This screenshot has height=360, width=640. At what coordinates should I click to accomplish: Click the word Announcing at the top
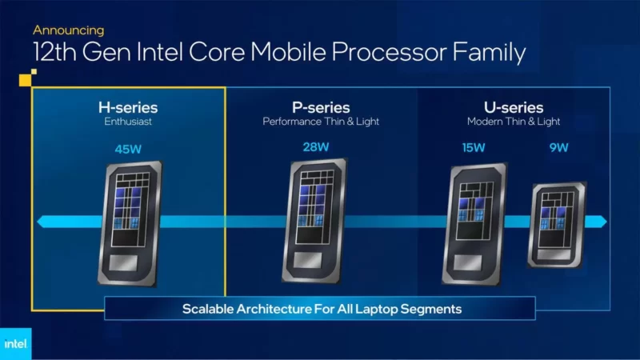[69, 30]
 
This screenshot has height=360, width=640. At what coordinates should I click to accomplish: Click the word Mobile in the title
[288, 52]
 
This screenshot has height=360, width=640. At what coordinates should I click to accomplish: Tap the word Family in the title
[489, 53]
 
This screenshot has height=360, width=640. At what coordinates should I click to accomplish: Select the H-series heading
[128, 108]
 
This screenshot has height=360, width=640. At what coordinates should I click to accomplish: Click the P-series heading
[321, 108]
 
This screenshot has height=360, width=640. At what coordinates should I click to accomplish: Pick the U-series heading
[514, 108]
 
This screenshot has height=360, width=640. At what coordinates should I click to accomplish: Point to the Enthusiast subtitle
[128, 122]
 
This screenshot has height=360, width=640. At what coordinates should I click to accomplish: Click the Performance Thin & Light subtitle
[321, 122]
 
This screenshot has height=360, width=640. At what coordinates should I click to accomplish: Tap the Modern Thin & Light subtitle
[514, 122]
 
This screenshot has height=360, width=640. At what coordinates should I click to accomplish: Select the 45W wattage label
[128, 149]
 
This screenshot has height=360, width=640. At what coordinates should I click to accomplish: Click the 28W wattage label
[316, 147]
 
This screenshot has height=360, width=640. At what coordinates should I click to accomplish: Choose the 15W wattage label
[474, 148]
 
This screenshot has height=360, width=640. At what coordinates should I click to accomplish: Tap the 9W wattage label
[558, 148]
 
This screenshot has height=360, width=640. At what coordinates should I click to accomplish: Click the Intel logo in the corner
[15, 344]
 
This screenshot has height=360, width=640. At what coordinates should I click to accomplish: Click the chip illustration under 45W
[130, 224]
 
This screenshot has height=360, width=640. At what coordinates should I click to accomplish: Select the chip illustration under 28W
[314, 221]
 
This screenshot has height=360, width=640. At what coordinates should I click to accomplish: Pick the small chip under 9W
[557, 225]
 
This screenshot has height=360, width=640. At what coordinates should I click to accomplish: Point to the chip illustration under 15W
[474, 224]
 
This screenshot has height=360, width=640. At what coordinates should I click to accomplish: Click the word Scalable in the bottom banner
[207, 309]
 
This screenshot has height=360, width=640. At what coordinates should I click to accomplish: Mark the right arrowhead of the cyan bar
[602, 222]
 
